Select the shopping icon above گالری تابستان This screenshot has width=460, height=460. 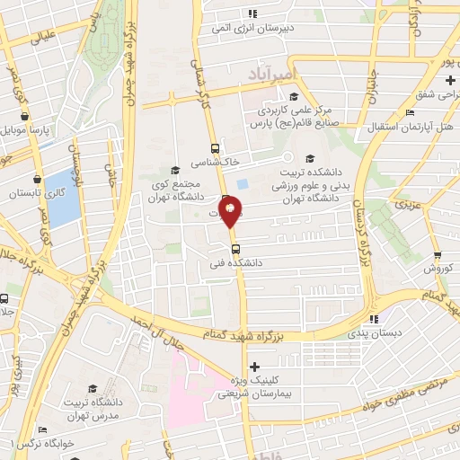tap(37, 178)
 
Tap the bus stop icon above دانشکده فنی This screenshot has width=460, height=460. tap(235, 249)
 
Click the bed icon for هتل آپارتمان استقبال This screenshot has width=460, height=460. tap(410, 112)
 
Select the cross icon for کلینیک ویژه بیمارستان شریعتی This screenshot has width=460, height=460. tap(255, 366)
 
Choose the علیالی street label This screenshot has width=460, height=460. tap(43, 38)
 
